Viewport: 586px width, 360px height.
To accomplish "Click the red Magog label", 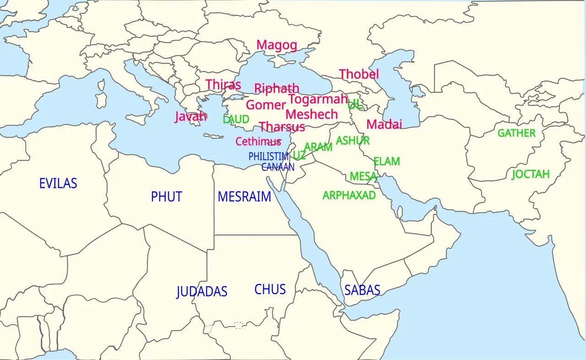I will (x=277, y=45).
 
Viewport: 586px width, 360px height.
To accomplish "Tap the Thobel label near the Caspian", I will (x=359, y=74).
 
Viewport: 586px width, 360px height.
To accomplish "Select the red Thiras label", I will (x=223, y=85).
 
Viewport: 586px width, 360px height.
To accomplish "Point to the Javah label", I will (x=190, y=116).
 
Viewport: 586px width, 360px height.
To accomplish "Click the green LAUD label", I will (x=236, y=120).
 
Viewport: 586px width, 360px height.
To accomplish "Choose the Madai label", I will (x=384, y=124).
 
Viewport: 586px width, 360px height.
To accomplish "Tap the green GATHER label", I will (x=516, y=133).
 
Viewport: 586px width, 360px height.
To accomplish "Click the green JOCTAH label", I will (x=531, y=175).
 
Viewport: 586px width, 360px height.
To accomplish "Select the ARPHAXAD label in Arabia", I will (x=349, y=196).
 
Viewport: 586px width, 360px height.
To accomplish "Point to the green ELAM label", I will (x=386, y=162).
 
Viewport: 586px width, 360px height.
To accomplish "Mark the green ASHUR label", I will (x=353, y=141).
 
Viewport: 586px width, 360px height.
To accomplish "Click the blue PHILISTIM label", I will (x=269, y=157).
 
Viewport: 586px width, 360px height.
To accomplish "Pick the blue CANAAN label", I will (x=278, y=167).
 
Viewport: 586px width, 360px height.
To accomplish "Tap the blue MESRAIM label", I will (x=244, y=197).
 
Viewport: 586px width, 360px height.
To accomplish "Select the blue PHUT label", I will (x=167, y=197).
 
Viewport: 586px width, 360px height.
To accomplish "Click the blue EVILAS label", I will (x=58, y=184).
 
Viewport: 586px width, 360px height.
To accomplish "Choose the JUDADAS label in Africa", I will (x=201, y=292).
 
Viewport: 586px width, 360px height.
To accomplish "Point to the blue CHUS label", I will (x=270, y=289).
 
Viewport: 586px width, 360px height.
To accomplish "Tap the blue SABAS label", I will (x=362, y=290).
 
